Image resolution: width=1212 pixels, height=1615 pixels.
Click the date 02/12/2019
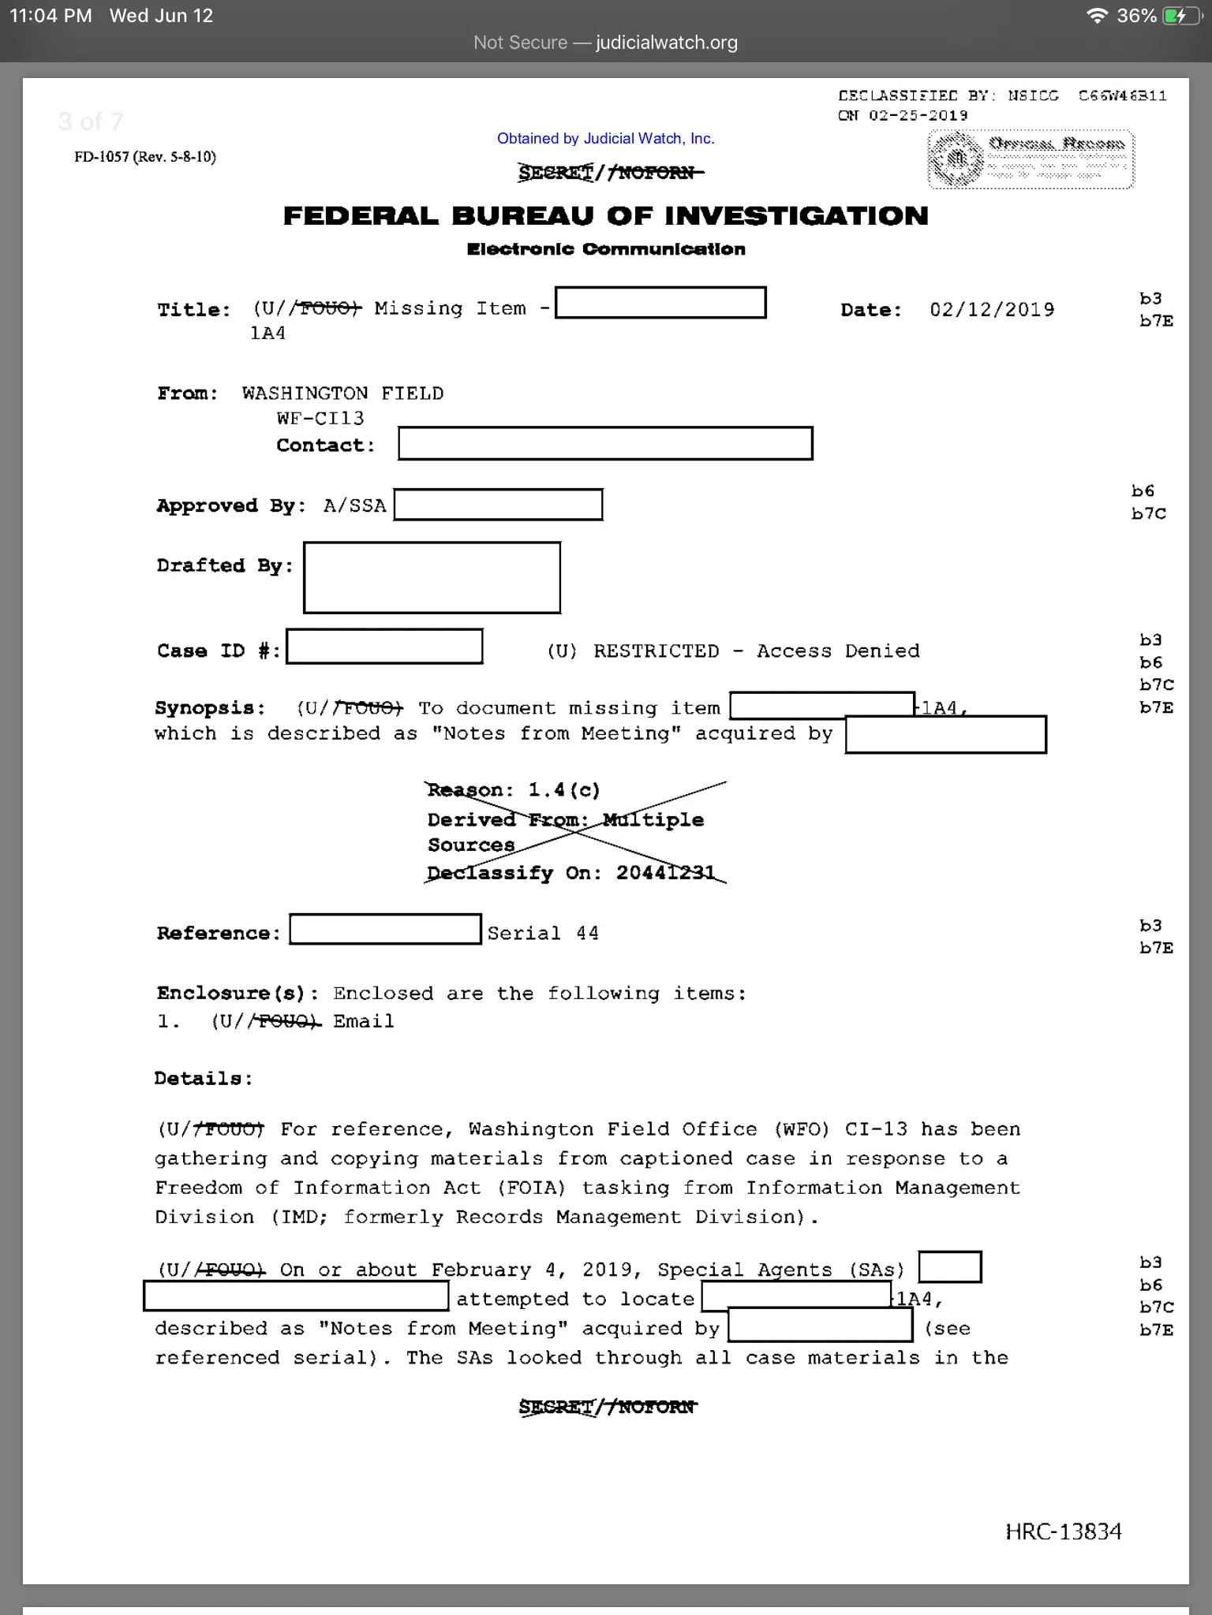[x=992, y=309]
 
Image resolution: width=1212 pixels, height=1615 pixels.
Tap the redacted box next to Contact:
[x=605, y=443]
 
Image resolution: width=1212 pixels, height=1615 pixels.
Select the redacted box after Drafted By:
[x=432, y=577]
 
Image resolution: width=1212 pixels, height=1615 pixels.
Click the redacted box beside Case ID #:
[x=384, y=647]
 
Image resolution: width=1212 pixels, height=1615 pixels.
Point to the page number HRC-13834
[x=1063, y=1531]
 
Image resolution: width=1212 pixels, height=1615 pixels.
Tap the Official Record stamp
[x=1031, y=160]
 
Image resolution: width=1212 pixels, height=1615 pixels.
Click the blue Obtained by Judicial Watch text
[x=605, y=139]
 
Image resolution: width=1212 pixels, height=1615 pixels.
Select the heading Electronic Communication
[x=605, y=249]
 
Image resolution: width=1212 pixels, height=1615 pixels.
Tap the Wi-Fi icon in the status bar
[x=1097, y=16]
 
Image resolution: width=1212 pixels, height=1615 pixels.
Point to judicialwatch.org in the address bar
[x=666, y=43]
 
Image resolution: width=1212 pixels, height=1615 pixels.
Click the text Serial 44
[x=543, y=934]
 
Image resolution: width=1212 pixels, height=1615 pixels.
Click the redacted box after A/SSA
[x=498, y=505]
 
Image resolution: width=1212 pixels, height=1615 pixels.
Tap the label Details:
[x=204, y=1079]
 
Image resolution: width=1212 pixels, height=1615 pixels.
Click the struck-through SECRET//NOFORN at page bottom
[x=608, y=1407]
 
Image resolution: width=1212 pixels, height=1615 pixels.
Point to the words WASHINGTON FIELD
[x=342, y=393]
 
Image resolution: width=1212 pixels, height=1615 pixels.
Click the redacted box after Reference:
[x=385, y=929]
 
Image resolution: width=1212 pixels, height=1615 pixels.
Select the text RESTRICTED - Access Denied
[x=756, y=651]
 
